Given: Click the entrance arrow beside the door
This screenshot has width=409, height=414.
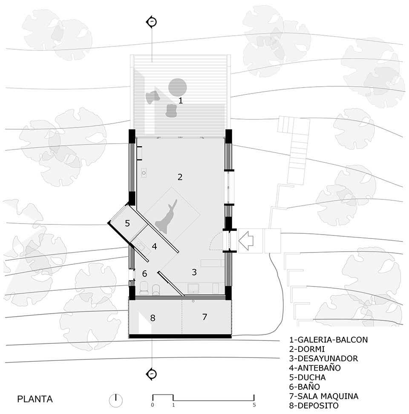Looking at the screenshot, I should pyautogui.click(x=246, y=241).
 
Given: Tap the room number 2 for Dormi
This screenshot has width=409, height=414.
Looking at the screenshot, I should pyautogui.click(x=180, y=177).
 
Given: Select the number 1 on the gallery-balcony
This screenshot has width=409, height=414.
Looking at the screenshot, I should pyautogui.click(x=181, y=101).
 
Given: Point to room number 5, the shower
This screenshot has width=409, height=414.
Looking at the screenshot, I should pyautogui.click(x=127, y=223).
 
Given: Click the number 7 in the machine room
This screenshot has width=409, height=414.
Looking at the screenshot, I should pyautogui.click(x=204, y=317).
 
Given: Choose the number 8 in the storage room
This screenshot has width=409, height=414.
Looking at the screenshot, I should pyautogui.click(x=153, y=318).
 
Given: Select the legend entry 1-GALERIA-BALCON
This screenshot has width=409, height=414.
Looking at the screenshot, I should pyautogui.click(x=328, y=340).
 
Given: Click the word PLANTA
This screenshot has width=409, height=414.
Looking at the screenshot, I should pyautogui.click(x=35, y=399).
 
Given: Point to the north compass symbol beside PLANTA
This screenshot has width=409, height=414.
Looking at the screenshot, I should pyautogui.click(x=115, y=399).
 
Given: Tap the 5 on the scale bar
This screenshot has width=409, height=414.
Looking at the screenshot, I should pyautogui.click(x=254, y=405).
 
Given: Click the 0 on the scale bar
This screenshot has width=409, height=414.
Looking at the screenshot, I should pyautogui.click(x=153, y=405).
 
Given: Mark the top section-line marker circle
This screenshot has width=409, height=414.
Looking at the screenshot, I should pyautogui.click(x=152, y=22).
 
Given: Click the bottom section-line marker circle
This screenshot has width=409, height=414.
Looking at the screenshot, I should pyautogui.click(x=152, y=374).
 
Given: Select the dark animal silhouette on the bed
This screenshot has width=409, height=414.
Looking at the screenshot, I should pyautogui.click(x=167, y=216).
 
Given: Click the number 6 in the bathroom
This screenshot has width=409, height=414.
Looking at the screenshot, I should pyautogui.click(x=144, y=273).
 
